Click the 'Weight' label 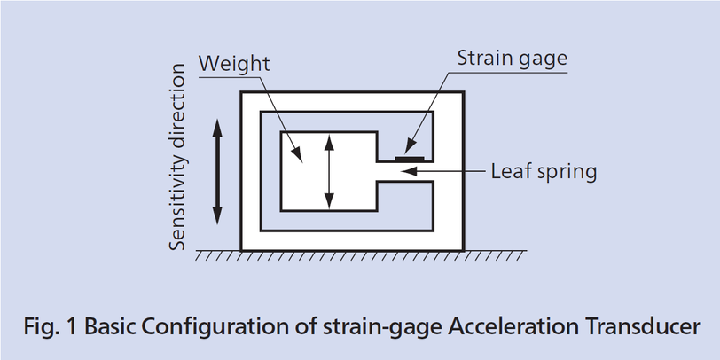[234, 64]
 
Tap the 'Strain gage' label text [513, 59]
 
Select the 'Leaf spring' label [544, 172]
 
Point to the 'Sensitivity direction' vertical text [177, 157]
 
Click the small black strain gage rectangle [410, 159]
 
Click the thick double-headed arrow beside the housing [217, 171]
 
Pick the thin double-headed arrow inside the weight [329, 171]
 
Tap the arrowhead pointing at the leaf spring [409, 171]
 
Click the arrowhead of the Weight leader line [298, 155]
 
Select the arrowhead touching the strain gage [409, 148]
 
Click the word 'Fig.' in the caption [41, 327]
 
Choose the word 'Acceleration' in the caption [513, 326]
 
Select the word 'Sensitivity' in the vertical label [177, 207]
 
